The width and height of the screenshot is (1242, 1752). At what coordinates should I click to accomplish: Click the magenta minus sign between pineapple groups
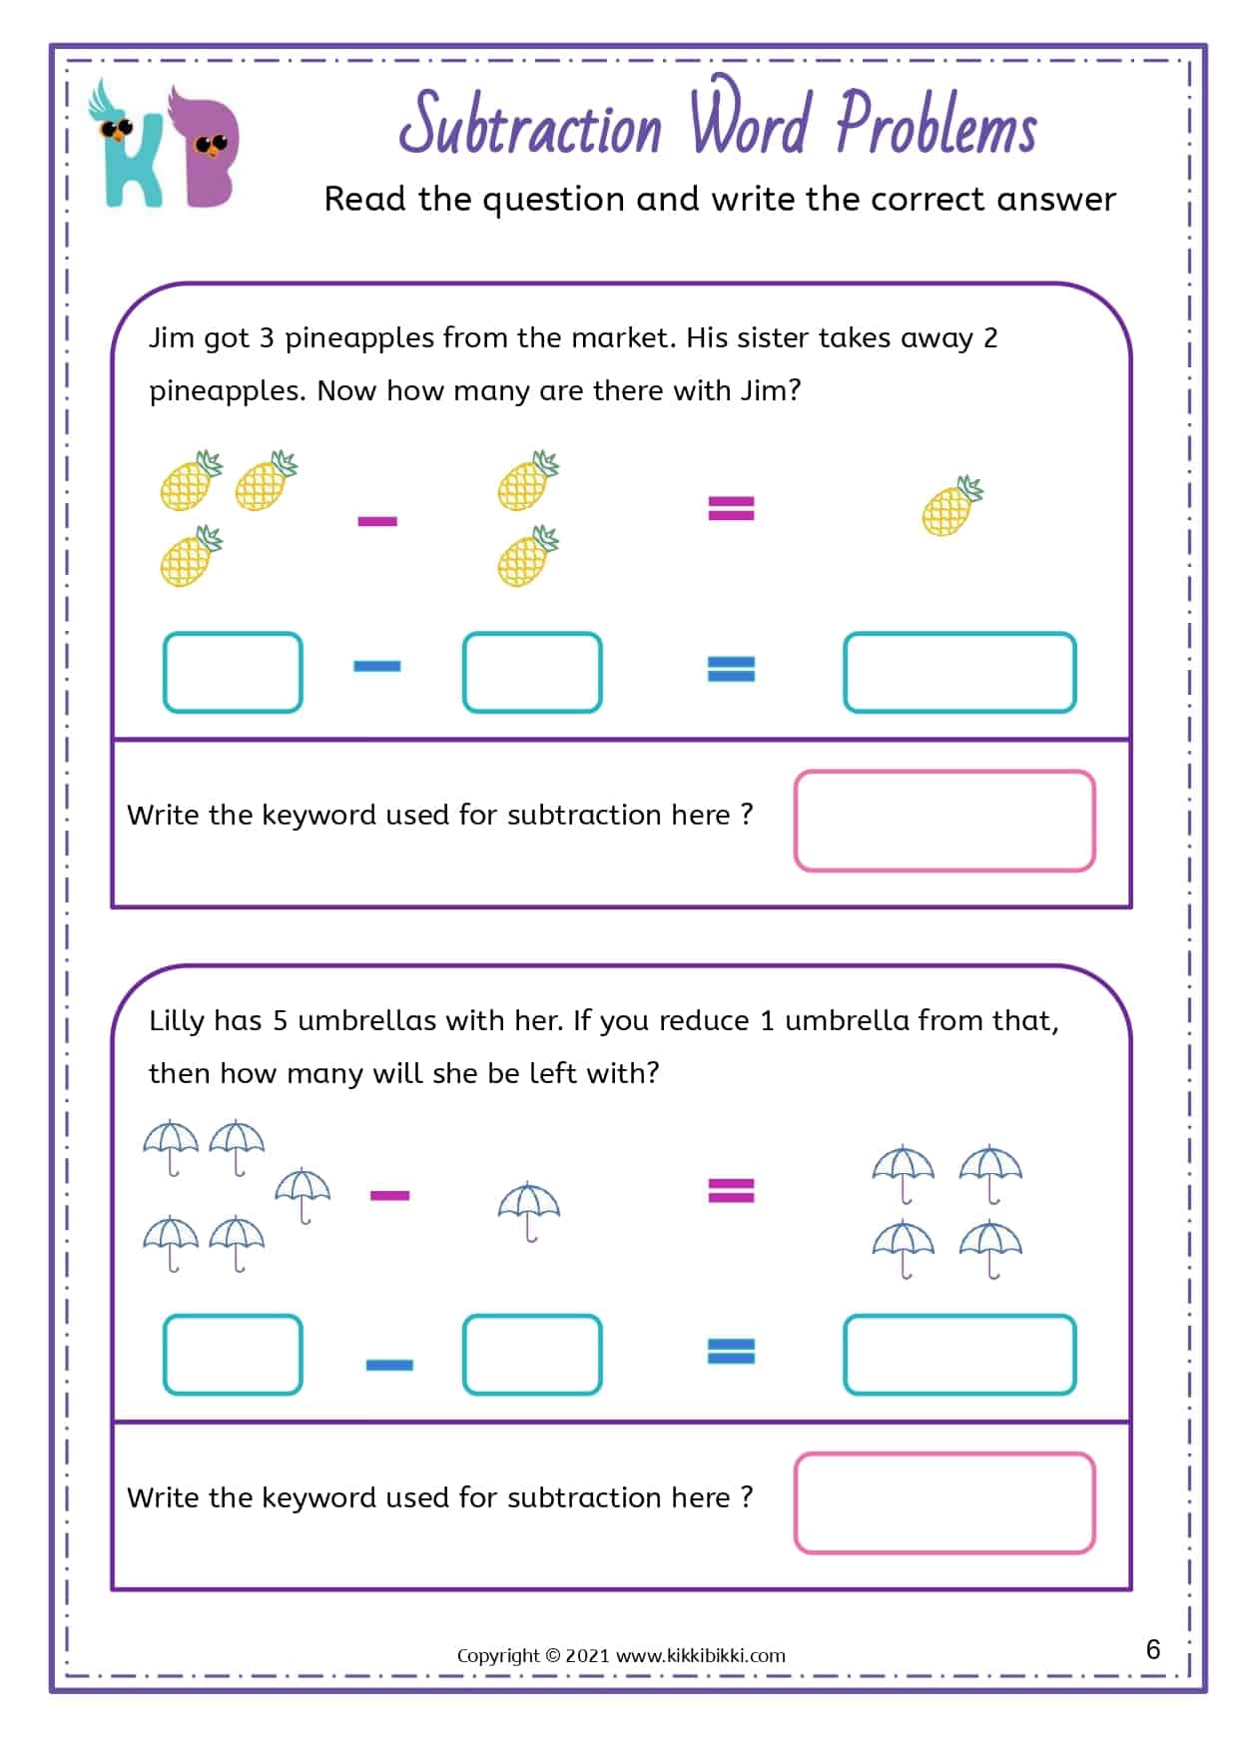point(377,521)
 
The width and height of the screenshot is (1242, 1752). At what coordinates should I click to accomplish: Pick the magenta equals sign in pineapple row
point(731,509)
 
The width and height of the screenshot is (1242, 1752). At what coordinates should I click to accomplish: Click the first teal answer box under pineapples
point(233,672)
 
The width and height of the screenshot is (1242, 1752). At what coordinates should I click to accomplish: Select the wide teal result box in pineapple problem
point(958,672)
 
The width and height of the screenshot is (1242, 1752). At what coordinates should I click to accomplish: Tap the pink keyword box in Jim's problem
point(944,821)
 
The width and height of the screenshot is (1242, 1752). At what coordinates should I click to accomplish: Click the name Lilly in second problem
point(177,1021)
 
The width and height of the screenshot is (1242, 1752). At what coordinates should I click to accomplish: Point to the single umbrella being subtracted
point(529,1211)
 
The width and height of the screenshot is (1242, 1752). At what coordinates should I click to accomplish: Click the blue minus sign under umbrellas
point(389,1365)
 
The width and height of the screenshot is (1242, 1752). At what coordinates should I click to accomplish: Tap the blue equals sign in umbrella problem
point(731,1352)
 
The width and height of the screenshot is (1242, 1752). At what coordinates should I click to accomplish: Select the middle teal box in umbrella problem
point(532,1355)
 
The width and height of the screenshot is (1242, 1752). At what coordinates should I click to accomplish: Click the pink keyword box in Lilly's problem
point(944,1503)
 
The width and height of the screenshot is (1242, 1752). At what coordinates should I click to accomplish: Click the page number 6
point(1153,1649)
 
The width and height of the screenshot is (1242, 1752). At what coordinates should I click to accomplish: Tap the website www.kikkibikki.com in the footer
point(701,1655)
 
